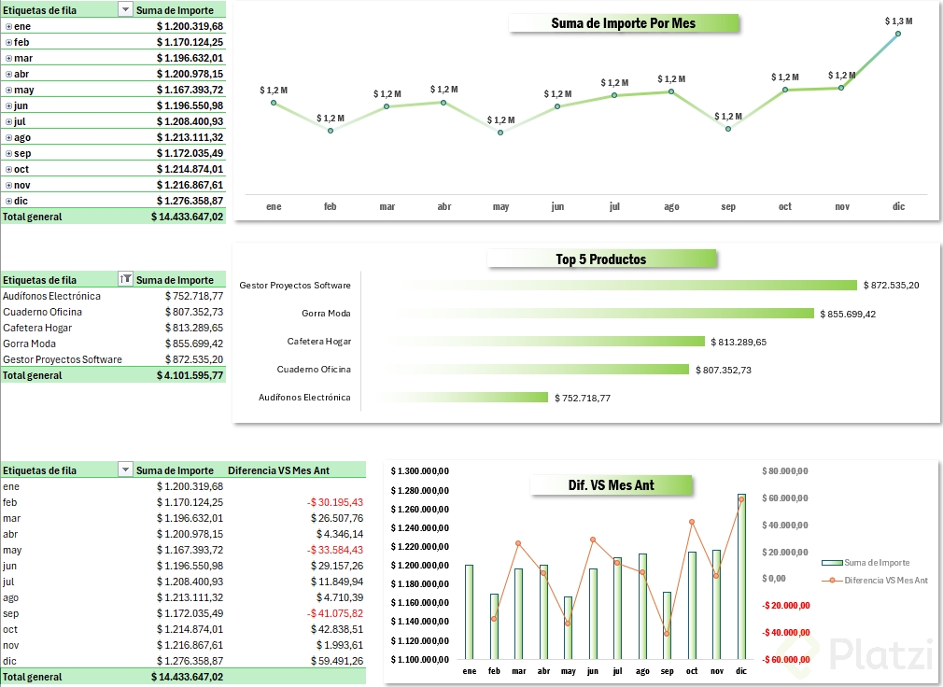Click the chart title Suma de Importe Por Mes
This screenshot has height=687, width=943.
click(624, 23)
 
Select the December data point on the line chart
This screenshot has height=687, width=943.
click(898, 34)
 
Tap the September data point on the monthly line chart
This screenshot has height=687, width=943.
click(728, 128)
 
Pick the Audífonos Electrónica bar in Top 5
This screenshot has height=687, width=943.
click(457, 398)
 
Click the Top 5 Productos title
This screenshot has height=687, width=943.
click(601, 259)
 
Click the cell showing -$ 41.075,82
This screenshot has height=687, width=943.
click(335, 613)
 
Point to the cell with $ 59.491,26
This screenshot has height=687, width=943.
click(337, 661)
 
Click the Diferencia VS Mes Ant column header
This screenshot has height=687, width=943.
click(278, 470)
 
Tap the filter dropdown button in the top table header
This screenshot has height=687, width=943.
click(125, 10)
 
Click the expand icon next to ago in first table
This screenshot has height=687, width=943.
click(8, 138)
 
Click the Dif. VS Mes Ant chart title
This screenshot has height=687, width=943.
click(611, 484)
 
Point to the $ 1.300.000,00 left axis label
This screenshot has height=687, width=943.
click(420, 471)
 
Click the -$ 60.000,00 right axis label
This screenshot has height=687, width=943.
click(785, 659)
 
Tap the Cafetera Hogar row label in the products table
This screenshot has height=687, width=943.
click(37, 328)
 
